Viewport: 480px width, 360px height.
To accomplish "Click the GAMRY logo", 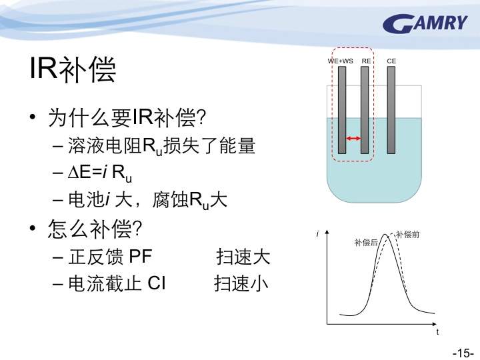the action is (x=425, y=23).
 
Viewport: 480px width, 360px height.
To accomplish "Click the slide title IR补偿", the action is (x=73, y=69).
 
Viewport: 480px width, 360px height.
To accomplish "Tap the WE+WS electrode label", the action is (x=340, y=61).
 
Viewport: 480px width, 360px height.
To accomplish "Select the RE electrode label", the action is (x=366, y=61).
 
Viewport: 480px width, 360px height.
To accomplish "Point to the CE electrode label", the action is (x=391, y=61).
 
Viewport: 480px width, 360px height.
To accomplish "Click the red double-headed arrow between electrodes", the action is (x=353, y=139).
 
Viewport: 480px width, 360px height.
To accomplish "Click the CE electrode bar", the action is (x=391, y=110).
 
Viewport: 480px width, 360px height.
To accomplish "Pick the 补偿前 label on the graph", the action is (x=407, y=235).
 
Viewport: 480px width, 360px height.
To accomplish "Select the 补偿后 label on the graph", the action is (x=366, y=243).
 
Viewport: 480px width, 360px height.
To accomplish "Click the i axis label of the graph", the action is (x=318, y=234).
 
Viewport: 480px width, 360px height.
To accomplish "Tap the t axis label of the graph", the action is (x=437, y=332).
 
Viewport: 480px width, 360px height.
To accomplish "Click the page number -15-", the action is (x=463, y=353).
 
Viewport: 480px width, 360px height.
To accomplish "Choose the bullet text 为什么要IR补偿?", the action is (x=127, y=117).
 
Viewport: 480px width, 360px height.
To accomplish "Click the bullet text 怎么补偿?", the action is (x=95, y=229).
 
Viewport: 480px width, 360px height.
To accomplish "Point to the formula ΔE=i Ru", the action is (x=100, y=173).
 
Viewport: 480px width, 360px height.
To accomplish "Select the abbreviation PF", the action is (x=141, y=256).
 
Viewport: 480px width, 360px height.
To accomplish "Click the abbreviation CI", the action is (x=157, y=283).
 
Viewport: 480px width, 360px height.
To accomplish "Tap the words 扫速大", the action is (x=243, y=256).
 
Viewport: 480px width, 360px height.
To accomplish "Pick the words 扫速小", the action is (x=241, y=283).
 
